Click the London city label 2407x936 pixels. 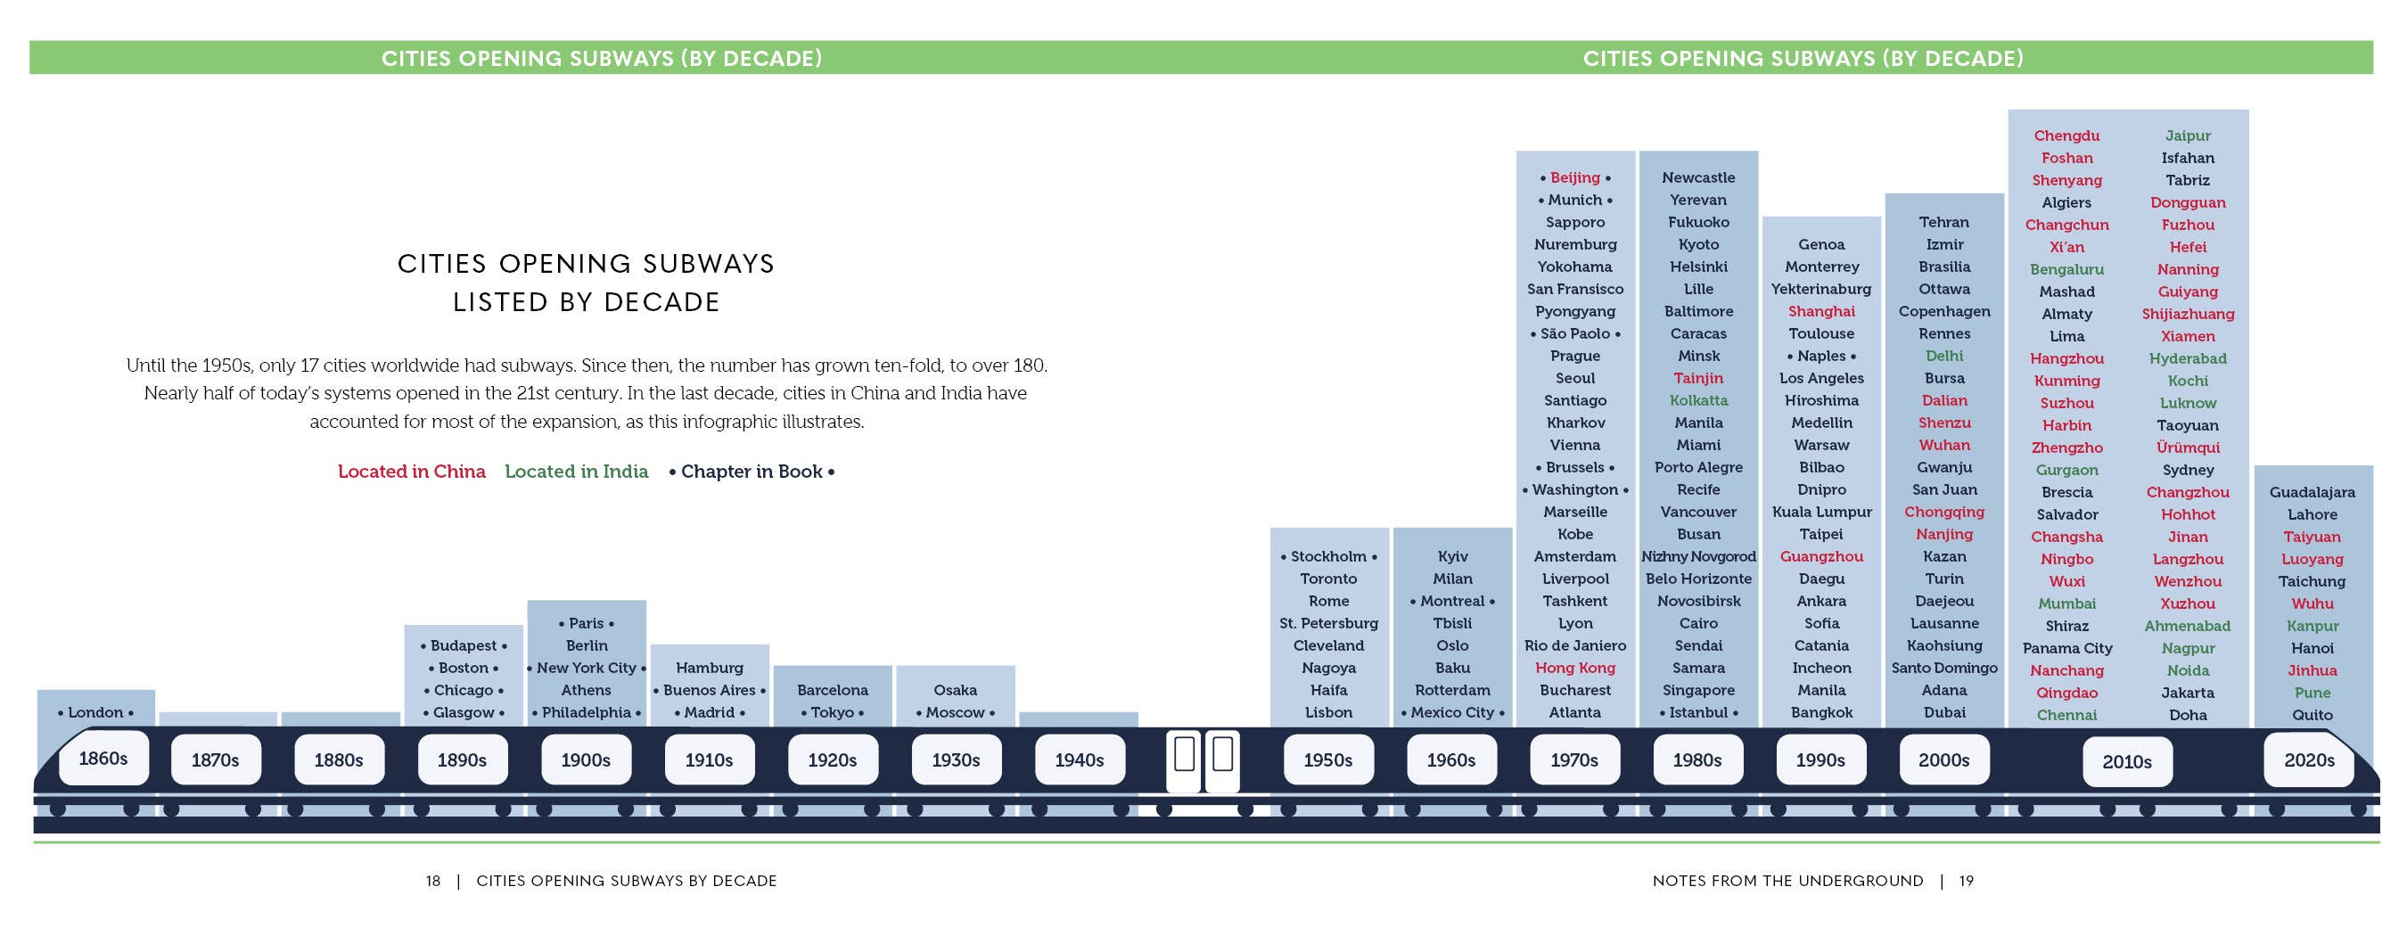pos(95,713)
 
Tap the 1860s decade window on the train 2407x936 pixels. pos(103,759)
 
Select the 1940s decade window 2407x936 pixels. pos(1080,760)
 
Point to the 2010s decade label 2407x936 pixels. pos(2127,762)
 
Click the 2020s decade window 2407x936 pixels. pos(2309,760)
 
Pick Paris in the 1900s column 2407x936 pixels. pos(587,623)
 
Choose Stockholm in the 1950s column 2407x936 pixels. pos(1328,557)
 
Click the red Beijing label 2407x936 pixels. pos(1575,177)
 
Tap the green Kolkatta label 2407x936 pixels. pos(1699,401)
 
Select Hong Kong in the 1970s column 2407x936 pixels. pos(1575,668)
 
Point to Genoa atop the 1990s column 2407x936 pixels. pos(1821,245)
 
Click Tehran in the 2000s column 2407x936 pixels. pos(1944,222)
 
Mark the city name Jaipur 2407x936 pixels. pos(2189,136)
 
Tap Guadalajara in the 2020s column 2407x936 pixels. pos(2313,492)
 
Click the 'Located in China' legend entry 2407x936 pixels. pos(412,472)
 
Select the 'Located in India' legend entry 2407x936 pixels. pos(577,472)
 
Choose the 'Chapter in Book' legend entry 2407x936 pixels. pos(752,472)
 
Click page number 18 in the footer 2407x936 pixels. pos(433,881)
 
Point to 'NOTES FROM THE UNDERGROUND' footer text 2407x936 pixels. pos(1788,881)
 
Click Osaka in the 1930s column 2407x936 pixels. pos(955,690)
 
